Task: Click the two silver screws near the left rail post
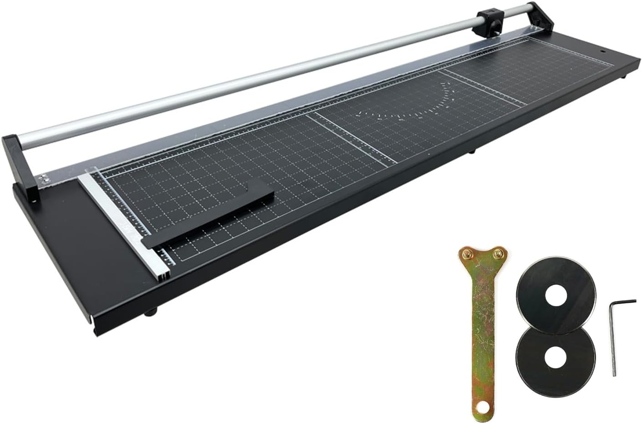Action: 45,179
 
